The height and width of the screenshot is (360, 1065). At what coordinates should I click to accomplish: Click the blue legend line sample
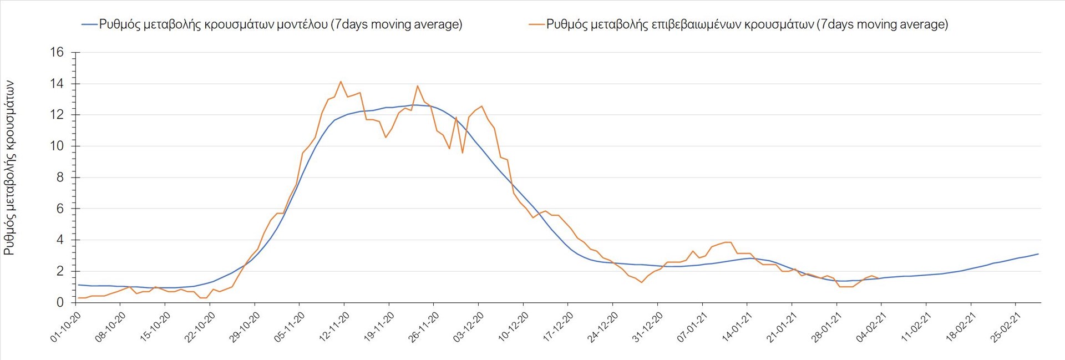click(89, 24)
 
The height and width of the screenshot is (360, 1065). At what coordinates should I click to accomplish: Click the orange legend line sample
click(537, 24)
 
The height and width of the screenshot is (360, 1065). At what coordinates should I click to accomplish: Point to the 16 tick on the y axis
click(57, 52)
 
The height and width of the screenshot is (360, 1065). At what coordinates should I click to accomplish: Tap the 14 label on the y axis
click(57, 84)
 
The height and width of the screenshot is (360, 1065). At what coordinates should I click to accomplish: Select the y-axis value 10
click(57, 146)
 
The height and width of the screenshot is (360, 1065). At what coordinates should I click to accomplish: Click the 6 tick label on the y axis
click(60, 209)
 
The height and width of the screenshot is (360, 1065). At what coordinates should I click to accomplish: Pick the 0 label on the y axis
click(60, 303)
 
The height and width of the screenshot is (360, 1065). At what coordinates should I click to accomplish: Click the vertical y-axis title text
click(9, 168)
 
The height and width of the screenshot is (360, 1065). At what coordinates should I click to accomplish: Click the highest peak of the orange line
click(341, 82)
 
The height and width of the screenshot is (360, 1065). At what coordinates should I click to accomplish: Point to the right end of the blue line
click(1038, 254)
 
